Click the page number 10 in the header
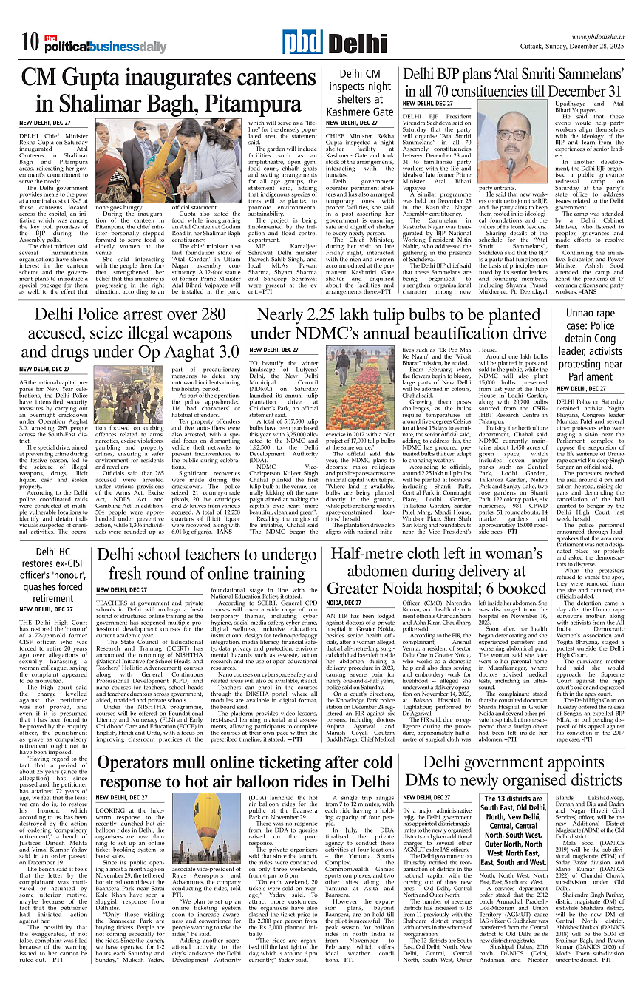click(30, 43)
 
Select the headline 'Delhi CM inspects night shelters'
click(360, 92)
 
